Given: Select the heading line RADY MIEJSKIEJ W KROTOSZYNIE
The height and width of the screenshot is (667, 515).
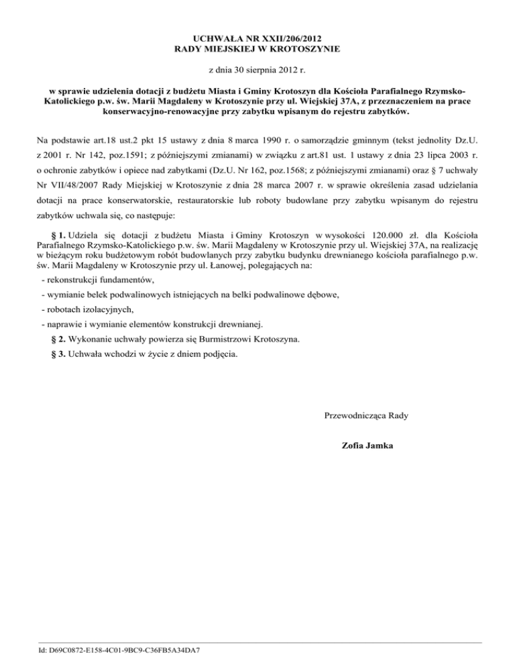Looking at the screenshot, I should (257, 50).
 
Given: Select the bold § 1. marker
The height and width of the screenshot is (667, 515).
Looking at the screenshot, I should (58, 237).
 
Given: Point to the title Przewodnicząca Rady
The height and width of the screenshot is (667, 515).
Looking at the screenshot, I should (366, 415).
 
